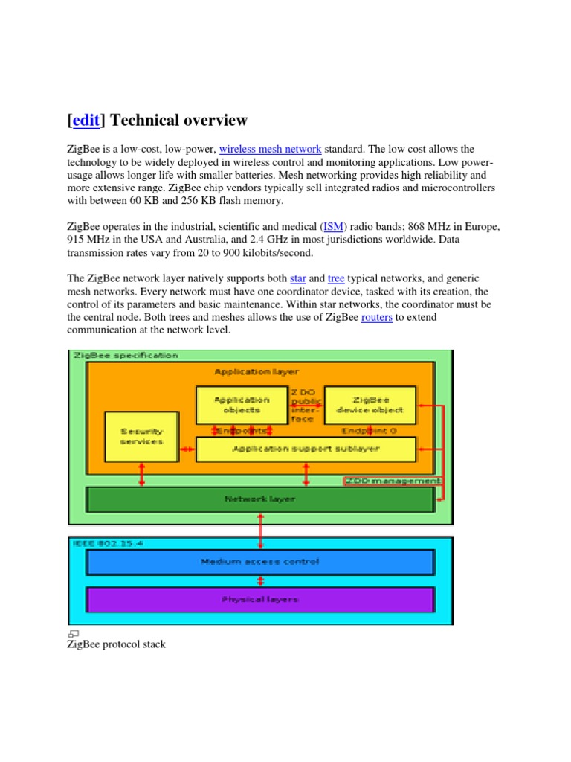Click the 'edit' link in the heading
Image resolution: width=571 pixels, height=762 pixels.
pyautogui.click(x=86, y=121)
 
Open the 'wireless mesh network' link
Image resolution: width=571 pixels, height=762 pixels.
pyautogui.click(x=271, y=150)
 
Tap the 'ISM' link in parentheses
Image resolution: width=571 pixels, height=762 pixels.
pyautogui.click(x=332, y=226)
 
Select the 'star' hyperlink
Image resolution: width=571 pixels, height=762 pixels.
pyautogui.click(x=297, y=278)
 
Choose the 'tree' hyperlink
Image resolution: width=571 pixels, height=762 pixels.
pyautogui.click(x=336, y=278)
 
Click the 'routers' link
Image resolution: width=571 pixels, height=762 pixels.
pyautogui.click(x=376, y=317)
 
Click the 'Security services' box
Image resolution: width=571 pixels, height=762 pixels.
pyautogui.click(x=142, y=436)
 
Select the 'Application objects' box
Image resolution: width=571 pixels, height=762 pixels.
pyautogui.click(x=242, y=405)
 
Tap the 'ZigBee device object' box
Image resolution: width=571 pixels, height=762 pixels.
pyautogui.click(x=370, y=405)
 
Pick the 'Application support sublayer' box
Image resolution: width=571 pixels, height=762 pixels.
pyautogui.click(x=306, y=449)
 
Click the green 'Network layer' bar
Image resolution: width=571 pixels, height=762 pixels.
pyautogui.click(x=260, y=499)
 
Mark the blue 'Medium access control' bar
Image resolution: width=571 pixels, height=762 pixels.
pyautogui.click(x=260, y=562)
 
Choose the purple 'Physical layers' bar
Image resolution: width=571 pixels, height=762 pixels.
pyautogui.click(x=260, y=599)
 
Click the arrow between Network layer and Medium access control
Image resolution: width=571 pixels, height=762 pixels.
pyautogui.click(x=260, y=531)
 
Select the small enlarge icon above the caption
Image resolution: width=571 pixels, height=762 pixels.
pyautogui.click(x=74, y=633)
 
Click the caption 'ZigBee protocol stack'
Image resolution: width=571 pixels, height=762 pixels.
pyautogui.click(x=117, y=644)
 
